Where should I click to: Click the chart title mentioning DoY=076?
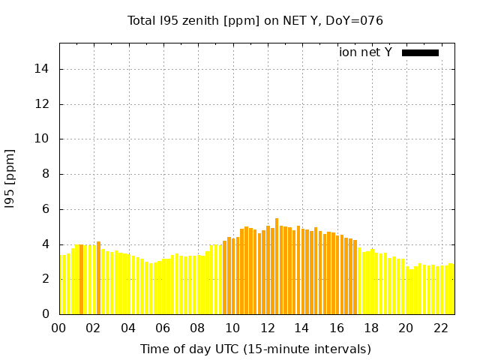click(256, 20)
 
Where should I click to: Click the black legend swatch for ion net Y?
click(420, 52)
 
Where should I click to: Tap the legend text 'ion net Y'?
click(365, 52)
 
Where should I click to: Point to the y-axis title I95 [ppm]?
click(10, 178)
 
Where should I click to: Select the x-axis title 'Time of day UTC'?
click(256, 349)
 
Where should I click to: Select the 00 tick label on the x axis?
click(59, 328)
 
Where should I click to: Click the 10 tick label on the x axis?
click(232, 328)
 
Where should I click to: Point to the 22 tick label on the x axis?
click(440, 328)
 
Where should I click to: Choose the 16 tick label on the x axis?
click(337, 328)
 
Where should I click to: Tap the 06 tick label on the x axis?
click(163, 328)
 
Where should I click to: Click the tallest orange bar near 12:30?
click(277, 266)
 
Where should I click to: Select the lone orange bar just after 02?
click(98, 277)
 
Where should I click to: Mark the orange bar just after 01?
click(81, 279)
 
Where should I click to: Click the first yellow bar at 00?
click(61, 284)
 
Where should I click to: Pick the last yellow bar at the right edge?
click(451, 289)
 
